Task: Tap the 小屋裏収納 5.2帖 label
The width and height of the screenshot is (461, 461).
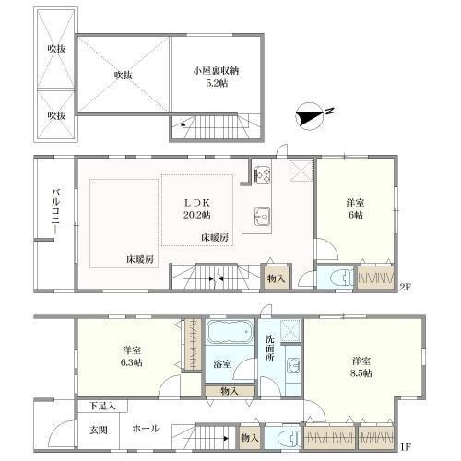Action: coord(217,77)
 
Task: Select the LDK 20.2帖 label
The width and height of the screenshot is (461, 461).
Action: coord(196,208)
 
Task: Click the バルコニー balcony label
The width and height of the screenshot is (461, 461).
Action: coord(55,212)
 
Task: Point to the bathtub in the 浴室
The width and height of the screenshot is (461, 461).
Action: coord(230,332)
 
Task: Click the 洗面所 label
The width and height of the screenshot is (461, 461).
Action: coord(270,348)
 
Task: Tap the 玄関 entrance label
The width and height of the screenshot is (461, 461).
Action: coord(99,430)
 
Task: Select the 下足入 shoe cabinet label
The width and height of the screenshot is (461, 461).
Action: coord(102,406)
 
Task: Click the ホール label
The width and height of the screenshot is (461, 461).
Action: coord(146,429)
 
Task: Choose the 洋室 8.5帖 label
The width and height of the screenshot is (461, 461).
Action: coord(361,367)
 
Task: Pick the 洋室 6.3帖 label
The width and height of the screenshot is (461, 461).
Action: coord(132,356)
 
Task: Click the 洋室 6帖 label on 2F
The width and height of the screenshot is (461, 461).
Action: coord(355,208)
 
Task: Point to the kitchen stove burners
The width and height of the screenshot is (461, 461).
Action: coord(262,174)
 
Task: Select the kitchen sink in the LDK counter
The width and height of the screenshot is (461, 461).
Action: coord(262,217)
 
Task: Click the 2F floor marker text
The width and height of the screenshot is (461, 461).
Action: coord(405,287)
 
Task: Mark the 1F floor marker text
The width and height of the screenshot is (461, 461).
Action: coord(405,446)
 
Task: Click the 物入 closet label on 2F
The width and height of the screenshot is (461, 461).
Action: coord(276,278)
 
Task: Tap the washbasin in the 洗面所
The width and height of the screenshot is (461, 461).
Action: coord(293,366)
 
